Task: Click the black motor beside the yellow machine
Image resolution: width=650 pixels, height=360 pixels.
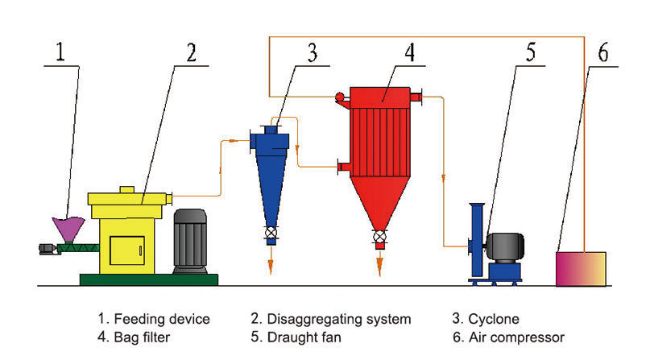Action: [x=192, y=240]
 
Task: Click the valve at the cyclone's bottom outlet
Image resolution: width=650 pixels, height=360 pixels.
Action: [x=271, y=235]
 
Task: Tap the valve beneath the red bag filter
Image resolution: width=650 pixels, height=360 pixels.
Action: [x=379, y=237]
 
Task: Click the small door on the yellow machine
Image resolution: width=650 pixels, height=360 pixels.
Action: [x=126, y=253]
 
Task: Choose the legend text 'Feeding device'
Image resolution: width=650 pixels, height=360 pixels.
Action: [x=162, y=319]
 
